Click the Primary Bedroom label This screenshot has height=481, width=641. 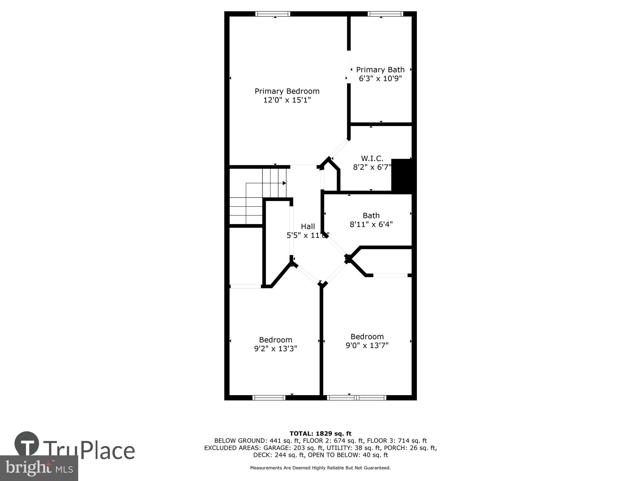(287, 91)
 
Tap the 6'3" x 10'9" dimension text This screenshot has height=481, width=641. (380, 79)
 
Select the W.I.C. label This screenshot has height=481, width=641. (372, 158)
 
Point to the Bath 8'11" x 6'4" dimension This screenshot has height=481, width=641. (371, 224)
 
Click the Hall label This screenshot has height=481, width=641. (308, 226)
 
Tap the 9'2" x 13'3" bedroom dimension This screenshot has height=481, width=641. (276, 349)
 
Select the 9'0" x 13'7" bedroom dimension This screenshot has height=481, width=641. (367, 345)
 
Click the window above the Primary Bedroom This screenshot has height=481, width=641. (273, 14)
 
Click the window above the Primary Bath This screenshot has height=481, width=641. (385, 14)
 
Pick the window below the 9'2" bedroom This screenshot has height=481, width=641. (269, 398)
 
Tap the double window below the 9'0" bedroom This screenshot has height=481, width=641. (356, 398)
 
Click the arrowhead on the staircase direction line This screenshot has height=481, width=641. (284, 183)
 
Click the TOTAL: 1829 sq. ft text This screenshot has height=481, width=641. (320, 434)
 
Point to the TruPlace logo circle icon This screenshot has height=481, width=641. (27, 443)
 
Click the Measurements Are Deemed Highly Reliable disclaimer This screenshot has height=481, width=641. (320, 468)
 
